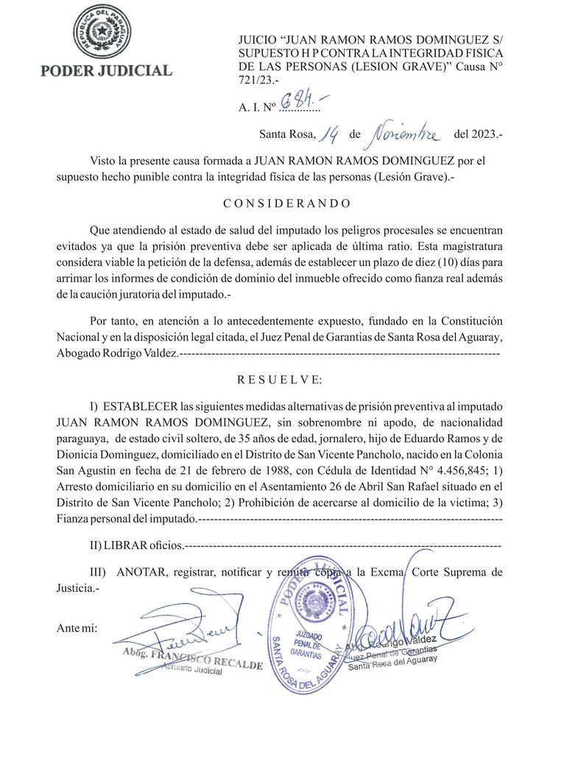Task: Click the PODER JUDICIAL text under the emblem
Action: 106,71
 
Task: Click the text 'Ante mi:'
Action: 77,628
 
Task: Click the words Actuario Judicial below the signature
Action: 193,671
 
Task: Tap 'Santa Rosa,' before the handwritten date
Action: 287,135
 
